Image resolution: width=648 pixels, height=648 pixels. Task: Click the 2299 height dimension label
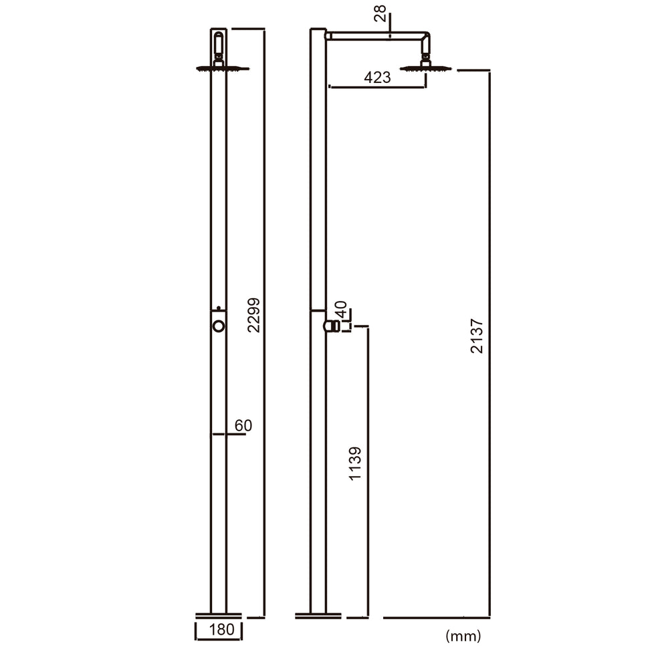[253, 314]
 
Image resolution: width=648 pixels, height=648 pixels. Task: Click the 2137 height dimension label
[476, 335]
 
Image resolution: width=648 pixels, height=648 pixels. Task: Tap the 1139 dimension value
[355, 463]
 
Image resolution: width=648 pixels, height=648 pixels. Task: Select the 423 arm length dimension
[377, 78]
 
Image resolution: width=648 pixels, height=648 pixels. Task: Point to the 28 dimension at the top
[381, 12]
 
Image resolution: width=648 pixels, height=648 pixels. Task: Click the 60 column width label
[243, 425]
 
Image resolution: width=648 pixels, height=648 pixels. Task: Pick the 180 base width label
[218, 629]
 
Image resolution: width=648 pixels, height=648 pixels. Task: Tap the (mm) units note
[463, 635]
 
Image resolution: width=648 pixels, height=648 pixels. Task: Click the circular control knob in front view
[218, 326]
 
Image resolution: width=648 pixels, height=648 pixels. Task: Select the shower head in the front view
[222, 68]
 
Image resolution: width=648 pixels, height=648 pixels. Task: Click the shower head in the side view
[425, 68]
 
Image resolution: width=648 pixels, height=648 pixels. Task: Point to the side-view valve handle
[330, 326]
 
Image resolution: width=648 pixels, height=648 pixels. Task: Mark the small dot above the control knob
[218, 308]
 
